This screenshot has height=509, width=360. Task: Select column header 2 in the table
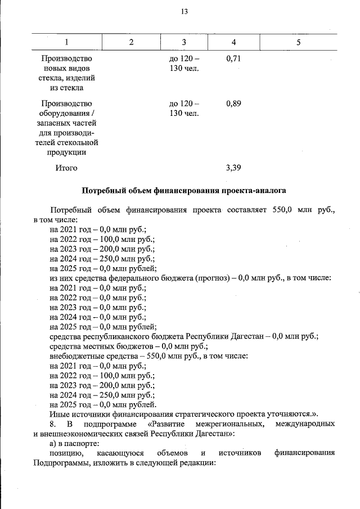click(x=131, y=43)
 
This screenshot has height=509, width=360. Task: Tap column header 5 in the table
click(x=299, y=43)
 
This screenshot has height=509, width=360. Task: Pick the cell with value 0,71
click(x=233, y=58)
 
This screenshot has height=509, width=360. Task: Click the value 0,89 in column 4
click(x=233, y=103)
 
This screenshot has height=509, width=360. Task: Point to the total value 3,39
click(x=233, y=168)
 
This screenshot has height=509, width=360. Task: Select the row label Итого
click(x=66, y=168)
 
